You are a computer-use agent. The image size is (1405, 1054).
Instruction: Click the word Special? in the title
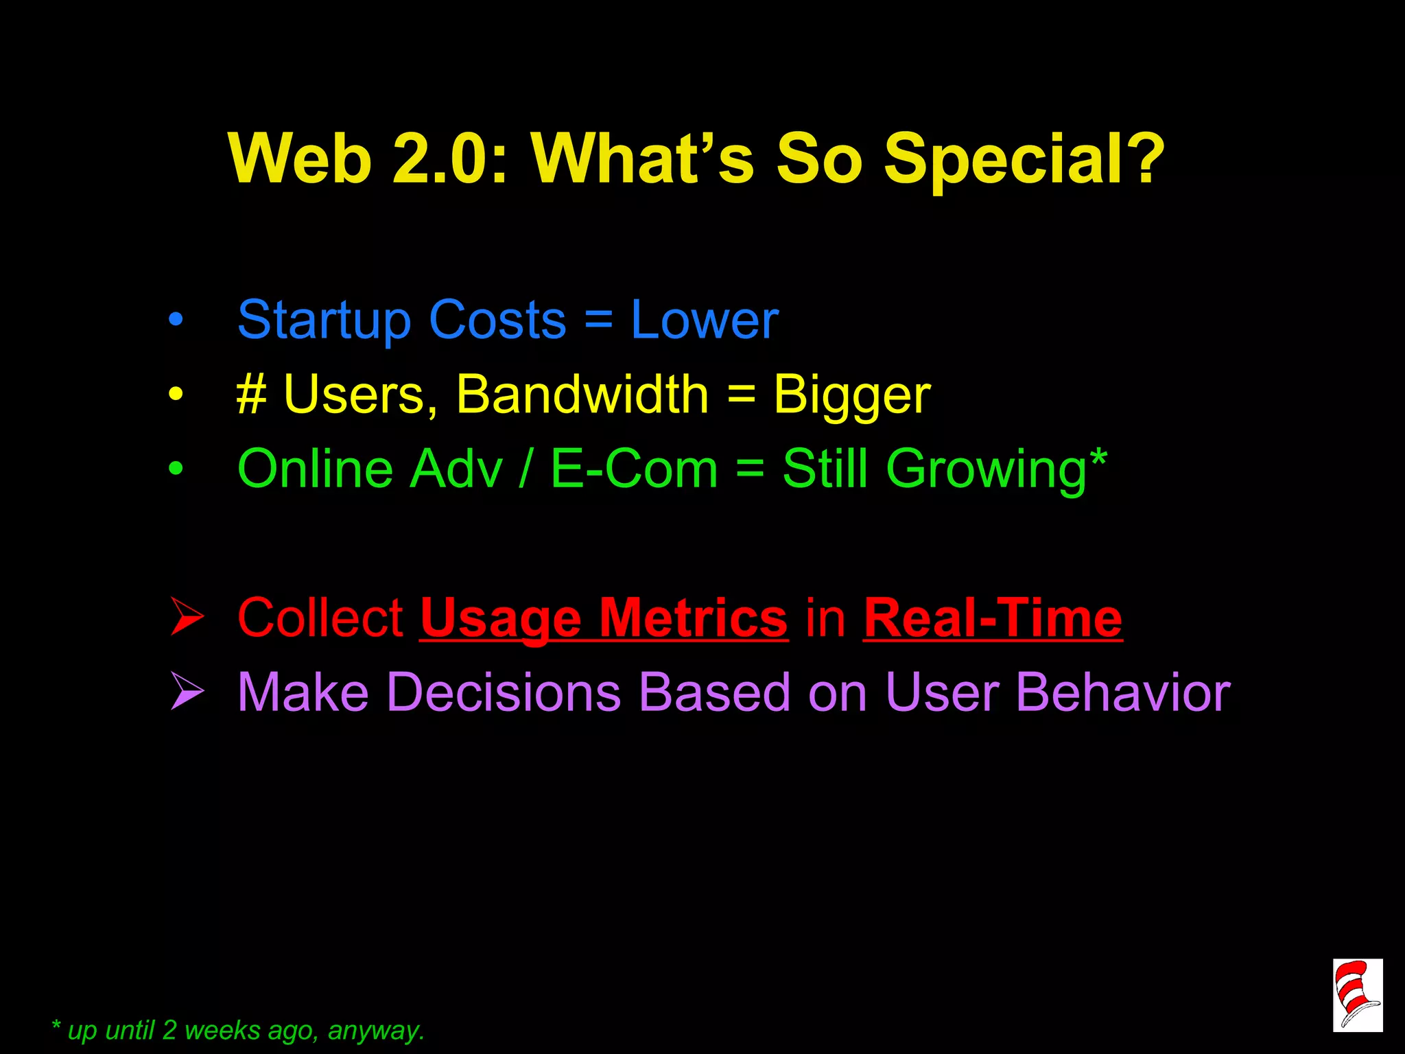click(1024, 159)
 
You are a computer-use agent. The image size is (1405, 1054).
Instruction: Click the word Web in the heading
click(299, 159)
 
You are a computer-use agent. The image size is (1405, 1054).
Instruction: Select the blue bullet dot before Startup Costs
click(176, 319)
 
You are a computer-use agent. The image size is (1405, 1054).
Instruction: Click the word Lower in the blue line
click(705, 320)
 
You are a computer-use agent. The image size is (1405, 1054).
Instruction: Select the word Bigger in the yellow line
click(851, 397)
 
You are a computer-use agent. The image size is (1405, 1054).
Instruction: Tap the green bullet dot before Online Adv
click(176, 469)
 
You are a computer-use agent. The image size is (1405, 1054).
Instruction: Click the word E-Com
click(634, 469)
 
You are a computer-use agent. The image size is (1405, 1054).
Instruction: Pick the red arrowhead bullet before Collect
click(187, 616)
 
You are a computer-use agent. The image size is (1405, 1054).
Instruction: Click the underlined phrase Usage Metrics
click(604, 619)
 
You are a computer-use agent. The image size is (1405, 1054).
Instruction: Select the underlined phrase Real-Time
click(993, 619)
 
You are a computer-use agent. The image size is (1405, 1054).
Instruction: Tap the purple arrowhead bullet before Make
click(187, 691)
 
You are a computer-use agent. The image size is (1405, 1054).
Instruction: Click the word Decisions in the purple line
click(504, 692)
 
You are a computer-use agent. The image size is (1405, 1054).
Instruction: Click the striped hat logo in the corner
click(1357, 994)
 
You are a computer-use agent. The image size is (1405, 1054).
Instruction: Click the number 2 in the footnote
click(169, 1030)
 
